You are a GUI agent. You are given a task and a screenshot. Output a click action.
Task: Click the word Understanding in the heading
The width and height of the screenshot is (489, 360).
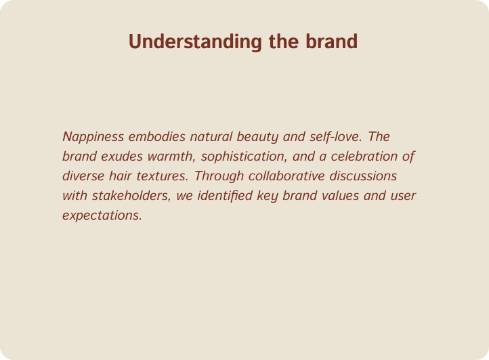tap(195, 42)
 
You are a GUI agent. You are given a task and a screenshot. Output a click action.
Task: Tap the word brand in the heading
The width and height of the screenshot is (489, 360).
tap(331, 41)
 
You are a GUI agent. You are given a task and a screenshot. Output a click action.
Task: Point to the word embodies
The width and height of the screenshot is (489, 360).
tap(157, 137)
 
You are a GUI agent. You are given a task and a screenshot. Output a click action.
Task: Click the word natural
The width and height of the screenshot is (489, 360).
tap(211, 137)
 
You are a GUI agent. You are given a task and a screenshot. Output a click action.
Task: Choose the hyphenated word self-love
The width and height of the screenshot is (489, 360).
tap(335, 137)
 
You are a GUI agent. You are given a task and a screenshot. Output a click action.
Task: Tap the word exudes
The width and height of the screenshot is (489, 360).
tap(122, 157)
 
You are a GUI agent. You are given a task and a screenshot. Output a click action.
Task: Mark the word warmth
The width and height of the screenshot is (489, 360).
tap(171, 157)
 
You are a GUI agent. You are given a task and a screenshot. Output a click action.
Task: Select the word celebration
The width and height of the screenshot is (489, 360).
tap(364, 157)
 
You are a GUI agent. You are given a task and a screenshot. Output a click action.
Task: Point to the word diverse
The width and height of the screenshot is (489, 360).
tap(83, 176)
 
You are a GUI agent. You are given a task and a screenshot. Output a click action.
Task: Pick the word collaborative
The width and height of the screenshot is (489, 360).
tap(286, 176)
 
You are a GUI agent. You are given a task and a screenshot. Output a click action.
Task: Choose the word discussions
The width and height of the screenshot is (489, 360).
tap(363, 176)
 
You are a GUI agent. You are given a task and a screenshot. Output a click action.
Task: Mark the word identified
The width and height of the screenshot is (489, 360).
tap(225, 196)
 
